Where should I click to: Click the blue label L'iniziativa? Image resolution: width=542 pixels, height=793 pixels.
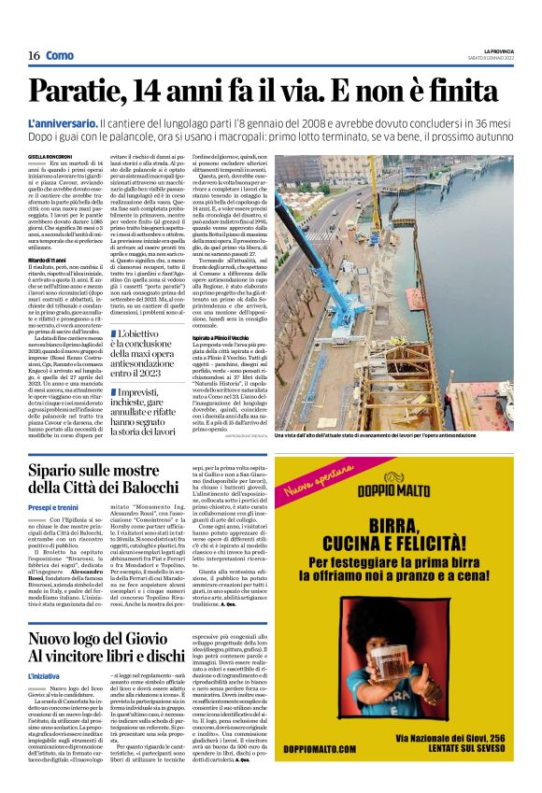[44, 673]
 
